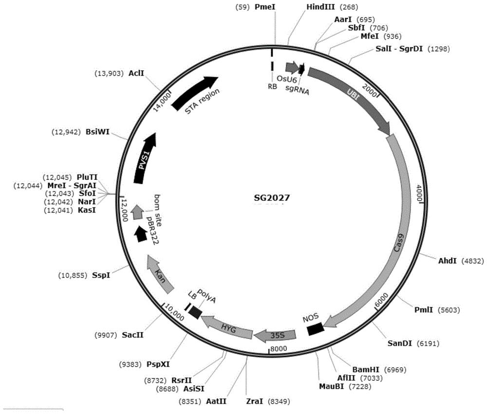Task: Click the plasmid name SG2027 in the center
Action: [272, 198]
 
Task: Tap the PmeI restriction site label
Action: [265, 7]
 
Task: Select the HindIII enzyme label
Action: [321, 7]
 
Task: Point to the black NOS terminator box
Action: [316, 329]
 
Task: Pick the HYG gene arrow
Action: [227, 327]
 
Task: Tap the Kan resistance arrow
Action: [160, 274]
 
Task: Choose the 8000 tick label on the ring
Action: [279, 349]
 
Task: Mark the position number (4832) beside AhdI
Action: [472, 261]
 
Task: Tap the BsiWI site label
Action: [97, 132]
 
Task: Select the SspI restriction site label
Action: [101, 276]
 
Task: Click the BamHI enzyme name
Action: [366, 370]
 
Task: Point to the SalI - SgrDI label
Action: [399, 49]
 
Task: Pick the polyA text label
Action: [206, 295]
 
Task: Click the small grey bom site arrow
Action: [136, 212]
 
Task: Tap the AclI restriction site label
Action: [136, 74]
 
